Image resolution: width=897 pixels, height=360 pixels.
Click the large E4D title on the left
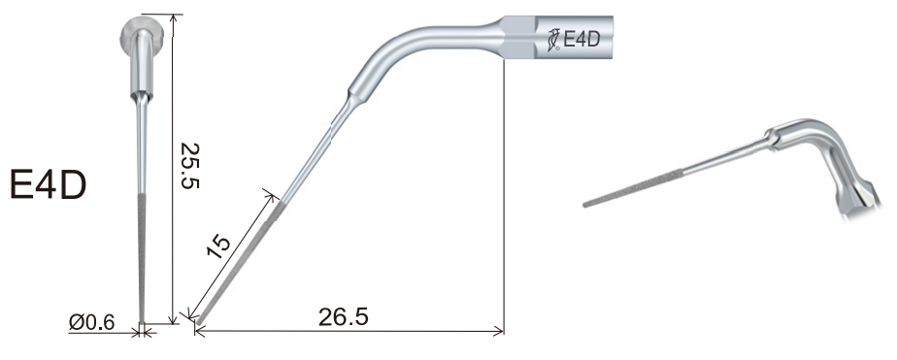49,185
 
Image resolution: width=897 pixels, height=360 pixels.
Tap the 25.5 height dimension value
190,166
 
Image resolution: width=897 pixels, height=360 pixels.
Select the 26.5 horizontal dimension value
344,317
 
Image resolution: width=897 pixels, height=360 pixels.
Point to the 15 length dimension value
219,245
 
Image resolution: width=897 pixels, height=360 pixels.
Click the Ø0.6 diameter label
91,322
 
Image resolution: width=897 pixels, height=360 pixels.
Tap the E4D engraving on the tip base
581,39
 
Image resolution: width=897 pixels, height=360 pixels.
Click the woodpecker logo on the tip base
553,40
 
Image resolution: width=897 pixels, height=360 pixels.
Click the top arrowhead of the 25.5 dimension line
174,18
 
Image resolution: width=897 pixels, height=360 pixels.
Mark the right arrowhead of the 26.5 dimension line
498,331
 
